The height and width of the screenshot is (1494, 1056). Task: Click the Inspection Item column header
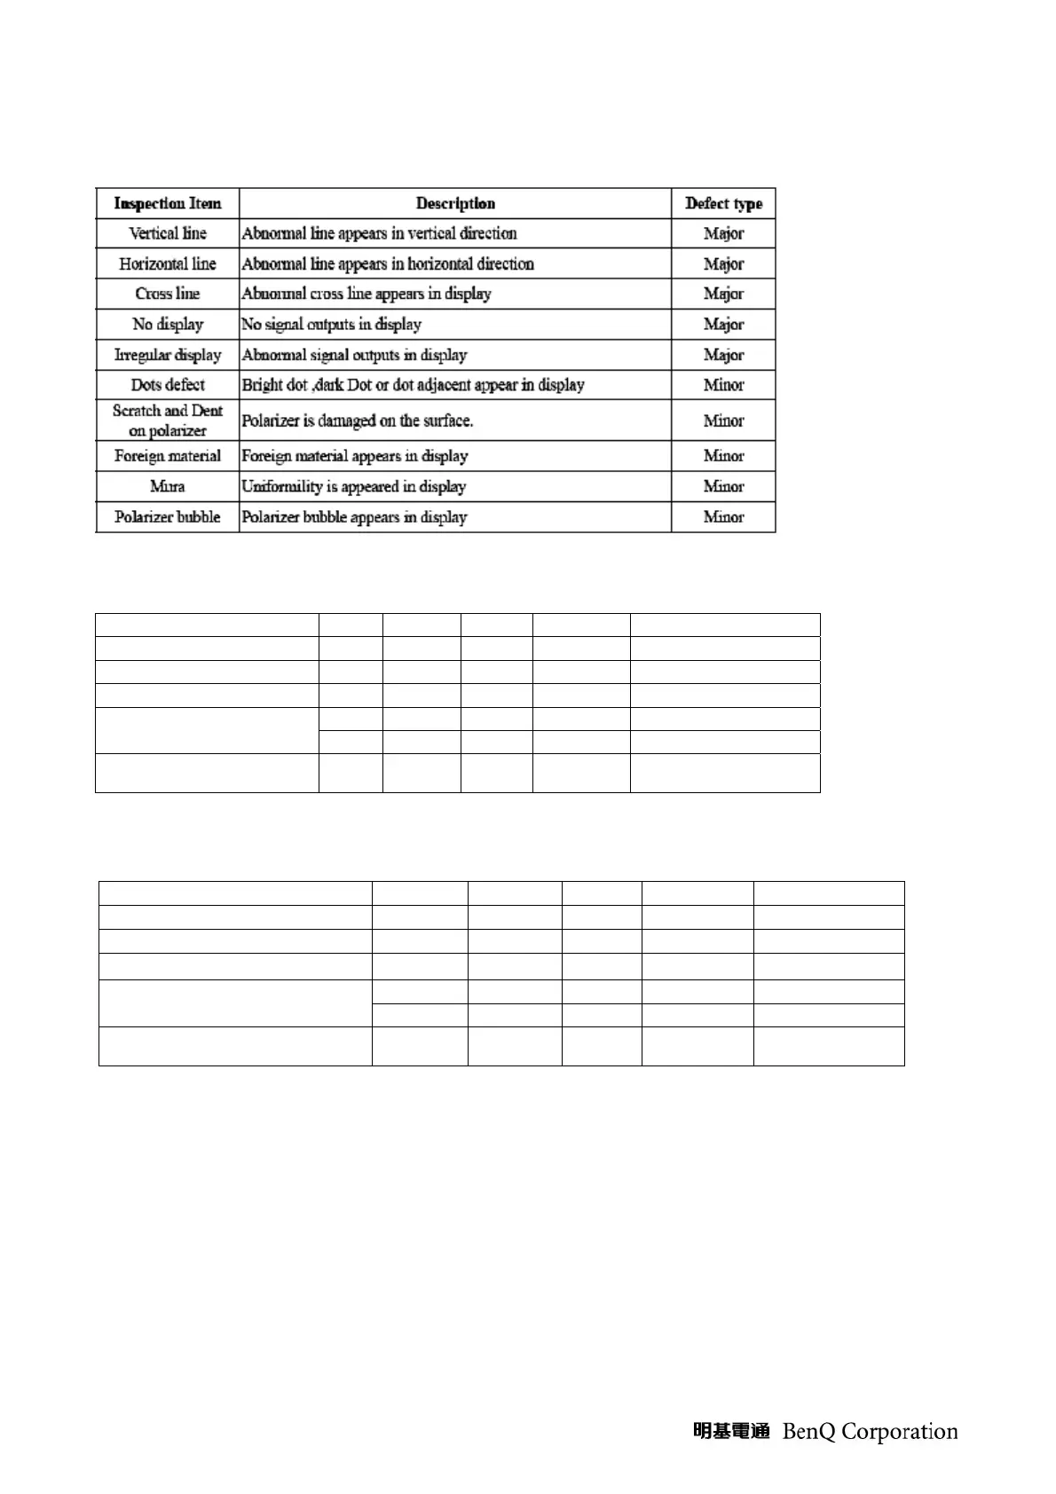167,203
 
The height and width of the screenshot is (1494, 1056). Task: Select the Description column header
455,203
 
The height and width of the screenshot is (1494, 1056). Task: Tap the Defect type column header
723,203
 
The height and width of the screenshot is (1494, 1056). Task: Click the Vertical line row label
167,233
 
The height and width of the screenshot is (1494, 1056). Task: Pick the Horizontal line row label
167,263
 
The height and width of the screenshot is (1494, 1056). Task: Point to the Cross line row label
167,294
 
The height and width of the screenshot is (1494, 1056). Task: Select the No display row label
167,324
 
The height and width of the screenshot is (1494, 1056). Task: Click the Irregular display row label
167,355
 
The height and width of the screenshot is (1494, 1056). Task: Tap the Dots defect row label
167,385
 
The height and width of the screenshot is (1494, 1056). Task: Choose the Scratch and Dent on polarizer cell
167,421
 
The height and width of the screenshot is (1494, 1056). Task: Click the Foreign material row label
167,456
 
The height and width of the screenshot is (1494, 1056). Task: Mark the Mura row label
167,486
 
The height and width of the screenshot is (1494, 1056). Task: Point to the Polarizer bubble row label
167,516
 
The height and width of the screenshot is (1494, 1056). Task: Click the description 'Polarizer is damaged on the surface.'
357,421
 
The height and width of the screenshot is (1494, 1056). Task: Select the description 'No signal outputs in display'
331,324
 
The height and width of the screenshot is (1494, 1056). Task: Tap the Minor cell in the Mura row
723,486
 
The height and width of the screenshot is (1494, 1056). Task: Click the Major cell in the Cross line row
723,294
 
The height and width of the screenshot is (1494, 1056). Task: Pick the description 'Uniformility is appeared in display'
353,486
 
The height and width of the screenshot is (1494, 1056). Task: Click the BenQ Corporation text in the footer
870,1431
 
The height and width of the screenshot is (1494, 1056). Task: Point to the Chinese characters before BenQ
730,1431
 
